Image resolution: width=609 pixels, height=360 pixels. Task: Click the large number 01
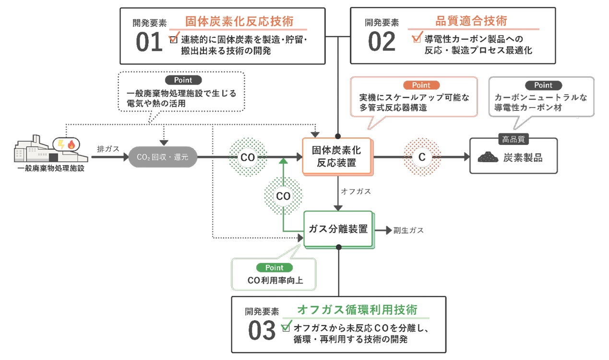pyautogui.click(x=149, y=43)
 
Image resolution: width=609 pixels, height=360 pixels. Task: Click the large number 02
pyautogui.click(x=382, y=42)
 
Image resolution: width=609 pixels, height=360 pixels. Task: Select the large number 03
pyautogui.click(x=262, y=330)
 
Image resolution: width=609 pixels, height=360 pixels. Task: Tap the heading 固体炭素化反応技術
pyautogui.click(x=239, y=22)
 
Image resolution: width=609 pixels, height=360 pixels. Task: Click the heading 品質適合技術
pyautogui.click(x=471, y=21)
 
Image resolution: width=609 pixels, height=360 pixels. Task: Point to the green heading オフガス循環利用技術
pyautogui.click(x=357, y=310)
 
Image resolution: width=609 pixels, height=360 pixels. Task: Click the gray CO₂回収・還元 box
pyautogui.click(x=163, y=157)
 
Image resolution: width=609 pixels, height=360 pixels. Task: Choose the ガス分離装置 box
pyautogui.click(x=338, y=229)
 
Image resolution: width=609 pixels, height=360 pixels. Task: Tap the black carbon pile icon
pyautogui.click(x=488, y=157)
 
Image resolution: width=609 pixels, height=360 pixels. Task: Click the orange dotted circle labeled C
pyautogui.click(x=422, y=157)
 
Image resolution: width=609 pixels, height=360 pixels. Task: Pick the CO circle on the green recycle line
pyautogui.click(x=283, y=196)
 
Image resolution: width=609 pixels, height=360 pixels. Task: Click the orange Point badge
pyautogui.click(x=421, y=85)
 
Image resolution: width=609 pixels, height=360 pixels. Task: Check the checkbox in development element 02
pyautogui.click(x=416, y=39)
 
